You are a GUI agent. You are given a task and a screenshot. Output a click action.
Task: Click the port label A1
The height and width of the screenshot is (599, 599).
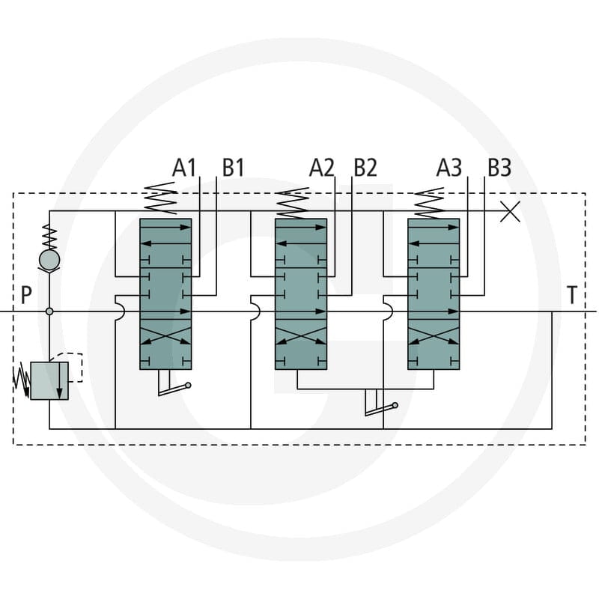184,168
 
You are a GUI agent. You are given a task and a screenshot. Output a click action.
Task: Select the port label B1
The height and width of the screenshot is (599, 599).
233,168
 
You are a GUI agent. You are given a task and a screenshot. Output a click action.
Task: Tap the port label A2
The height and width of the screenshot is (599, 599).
322,168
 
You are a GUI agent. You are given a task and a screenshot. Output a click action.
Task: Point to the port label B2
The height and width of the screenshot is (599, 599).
365,168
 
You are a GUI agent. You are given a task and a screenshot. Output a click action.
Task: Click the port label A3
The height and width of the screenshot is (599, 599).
449,168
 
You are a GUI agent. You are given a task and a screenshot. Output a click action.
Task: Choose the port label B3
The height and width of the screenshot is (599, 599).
499,168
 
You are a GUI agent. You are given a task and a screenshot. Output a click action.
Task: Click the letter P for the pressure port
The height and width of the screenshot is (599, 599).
26,295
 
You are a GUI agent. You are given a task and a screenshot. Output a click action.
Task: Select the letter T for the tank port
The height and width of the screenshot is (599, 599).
572,295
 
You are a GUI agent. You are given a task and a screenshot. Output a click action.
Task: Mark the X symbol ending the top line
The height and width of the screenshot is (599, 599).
511,212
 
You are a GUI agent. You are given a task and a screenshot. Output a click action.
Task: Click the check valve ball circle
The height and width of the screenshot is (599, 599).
49,260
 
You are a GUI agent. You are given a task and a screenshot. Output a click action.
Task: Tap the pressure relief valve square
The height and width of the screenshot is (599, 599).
49,381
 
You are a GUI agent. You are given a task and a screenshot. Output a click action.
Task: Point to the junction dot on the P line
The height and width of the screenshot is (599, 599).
49,311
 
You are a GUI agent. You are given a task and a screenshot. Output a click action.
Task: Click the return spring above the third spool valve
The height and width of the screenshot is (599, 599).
429,203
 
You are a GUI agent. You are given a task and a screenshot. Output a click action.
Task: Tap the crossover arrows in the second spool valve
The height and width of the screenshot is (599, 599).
301,335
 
